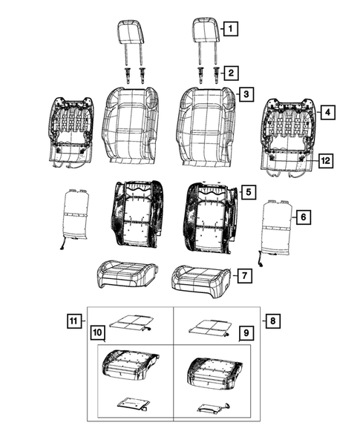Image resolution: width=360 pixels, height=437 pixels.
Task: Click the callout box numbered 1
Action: (230, 30)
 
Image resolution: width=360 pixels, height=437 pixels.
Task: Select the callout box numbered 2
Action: (231, 72)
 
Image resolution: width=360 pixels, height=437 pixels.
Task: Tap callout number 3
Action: (245, 94)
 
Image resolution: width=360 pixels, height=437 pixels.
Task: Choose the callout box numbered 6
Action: (301, 217)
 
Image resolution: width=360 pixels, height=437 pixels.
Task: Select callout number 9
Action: (242, 335)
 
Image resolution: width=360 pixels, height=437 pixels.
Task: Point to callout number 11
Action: (73, 321)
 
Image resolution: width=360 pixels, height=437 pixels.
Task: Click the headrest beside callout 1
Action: (204, 32)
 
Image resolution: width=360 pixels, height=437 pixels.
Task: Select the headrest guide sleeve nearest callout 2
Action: (216, 74)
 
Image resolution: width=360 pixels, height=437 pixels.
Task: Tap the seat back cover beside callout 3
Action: (204, 122)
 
